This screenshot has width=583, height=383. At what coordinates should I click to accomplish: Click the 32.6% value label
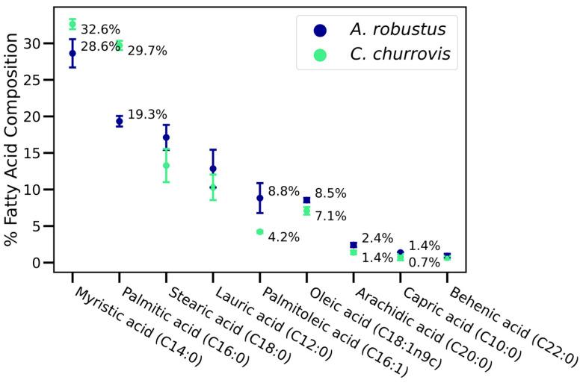[100, 31]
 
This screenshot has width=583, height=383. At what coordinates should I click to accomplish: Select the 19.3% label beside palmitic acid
[147, 115]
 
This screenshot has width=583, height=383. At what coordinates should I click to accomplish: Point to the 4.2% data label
[283, 237]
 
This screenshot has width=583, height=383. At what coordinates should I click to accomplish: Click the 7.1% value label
[330, 217]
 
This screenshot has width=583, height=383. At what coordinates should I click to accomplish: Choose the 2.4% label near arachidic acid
[377, 239]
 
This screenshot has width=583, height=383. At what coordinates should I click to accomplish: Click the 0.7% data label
[424, 263]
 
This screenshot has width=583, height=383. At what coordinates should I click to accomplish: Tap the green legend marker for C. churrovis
[320, 55]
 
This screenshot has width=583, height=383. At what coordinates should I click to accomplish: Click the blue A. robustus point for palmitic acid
[119, 121]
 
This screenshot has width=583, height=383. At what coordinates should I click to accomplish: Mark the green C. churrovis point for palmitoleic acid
[259, 232]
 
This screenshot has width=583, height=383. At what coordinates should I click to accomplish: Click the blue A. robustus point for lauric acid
[213, 169]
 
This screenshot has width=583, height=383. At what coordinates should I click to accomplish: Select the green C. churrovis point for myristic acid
[73, 25]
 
